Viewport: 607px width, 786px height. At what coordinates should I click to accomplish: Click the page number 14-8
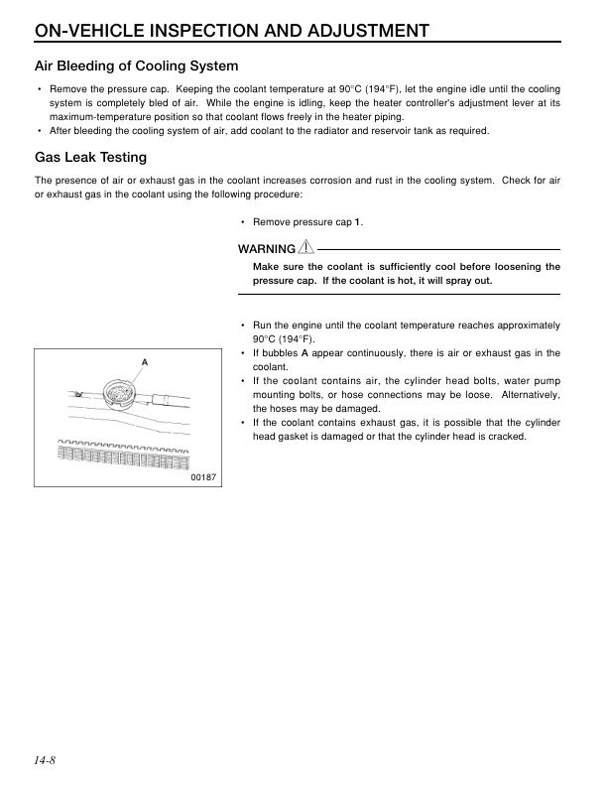point(44,761)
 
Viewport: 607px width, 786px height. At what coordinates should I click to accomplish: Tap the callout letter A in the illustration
point(144,362)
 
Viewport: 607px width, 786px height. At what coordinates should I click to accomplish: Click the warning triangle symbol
point(307,247)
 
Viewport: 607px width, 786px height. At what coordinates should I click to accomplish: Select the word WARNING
point(267,248)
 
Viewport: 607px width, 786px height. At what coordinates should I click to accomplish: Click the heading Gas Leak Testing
point(90,157)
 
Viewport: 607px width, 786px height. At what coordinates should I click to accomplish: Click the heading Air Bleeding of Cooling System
point(136,66)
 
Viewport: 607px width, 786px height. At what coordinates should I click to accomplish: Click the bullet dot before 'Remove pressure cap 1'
point(243,221)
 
